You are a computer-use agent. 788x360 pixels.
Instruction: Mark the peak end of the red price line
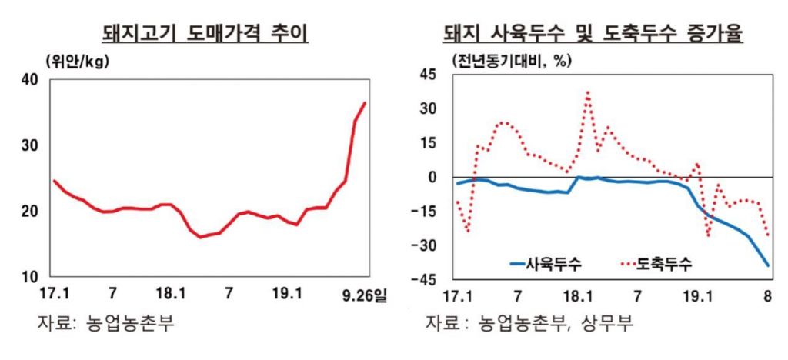point(366,103)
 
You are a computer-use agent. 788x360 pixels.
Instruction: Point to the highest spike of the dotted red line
point(588,92)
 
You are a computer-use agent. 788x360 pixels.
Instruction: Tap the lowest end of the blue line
point(768,265)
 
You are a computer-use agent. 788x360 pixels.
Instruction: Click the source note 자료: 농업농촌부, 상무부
point(530,324)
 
